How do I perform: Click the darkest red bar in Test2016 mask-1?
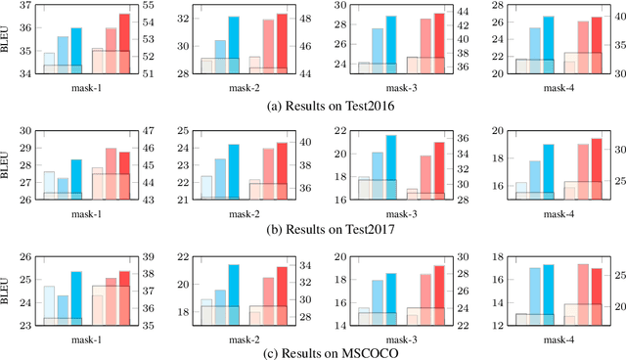[124, 43]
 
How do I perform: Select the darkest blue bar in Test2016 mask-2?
[234, 44]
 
